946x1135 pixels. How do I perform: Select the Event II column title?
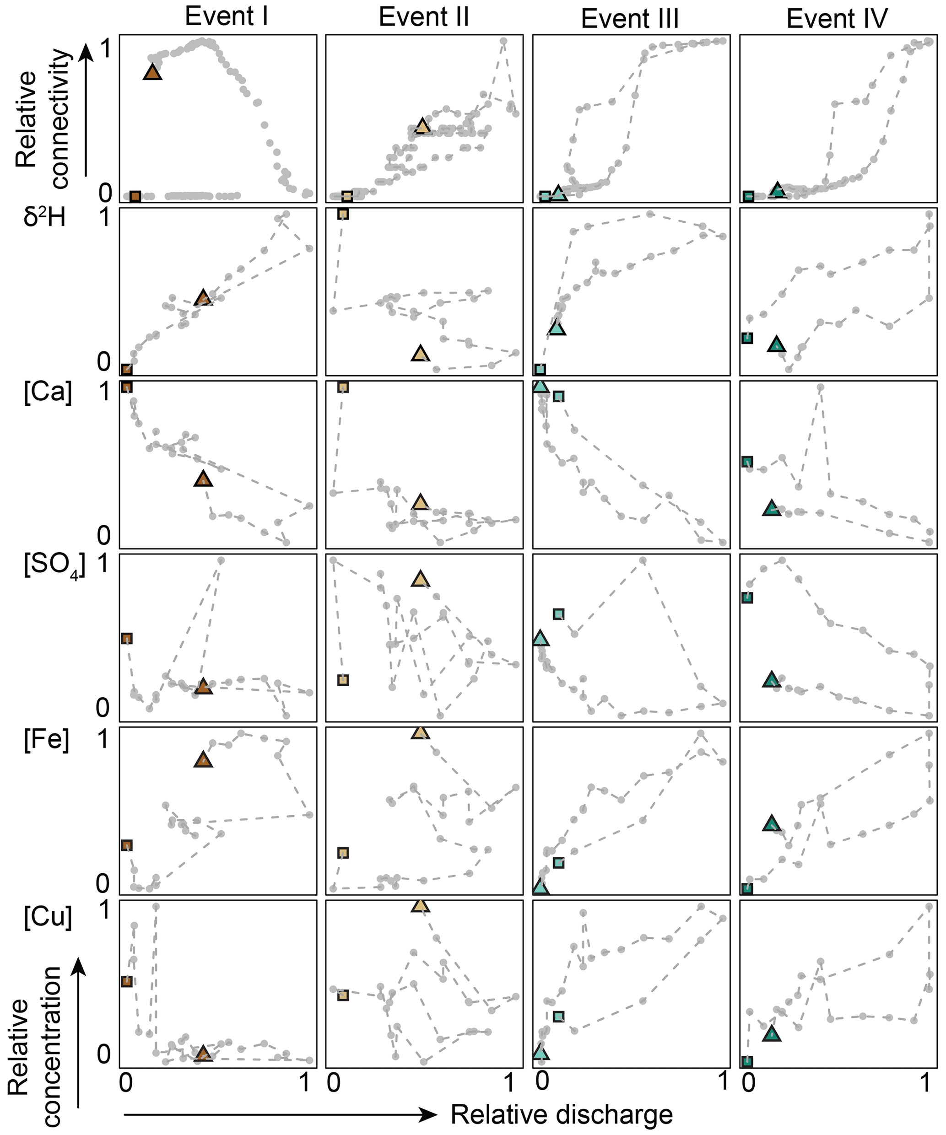pos(423,16)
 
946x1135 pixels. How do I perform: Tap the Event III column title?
pos(630,19)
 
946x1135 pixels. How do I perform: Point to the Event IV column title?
pos(837,19)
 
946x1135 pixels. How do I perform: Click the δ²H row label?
pos(44,217)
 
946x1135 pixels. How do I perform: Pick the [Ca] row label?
pos(48,390)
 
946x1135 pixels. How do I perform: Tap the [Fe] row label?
pos(47,739)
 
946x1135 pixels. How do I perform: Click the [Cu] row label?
pos(48,916)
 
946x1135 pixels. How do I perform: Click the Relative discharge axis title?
pos(562,1114)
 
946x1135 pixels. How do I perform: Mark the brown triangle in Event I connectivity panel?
pos(152,72)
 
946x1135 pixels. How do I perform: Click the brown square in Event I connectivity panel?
pos(135,196)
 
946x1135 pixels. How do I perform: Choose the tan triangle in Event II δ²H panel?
pos(420,354)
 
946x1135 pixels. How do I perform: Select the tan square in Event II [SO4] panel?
pos(343,680)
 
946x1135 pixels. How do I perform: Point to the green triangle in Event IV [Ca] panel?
pos(771,509)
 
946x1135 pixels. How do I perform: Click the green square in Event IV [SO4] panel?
pos(747,597)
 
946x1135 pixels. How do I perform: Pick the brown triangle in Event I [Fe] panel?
pos(203,759)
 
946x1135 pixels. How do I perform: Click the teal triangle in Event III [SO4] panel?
pos(540,639)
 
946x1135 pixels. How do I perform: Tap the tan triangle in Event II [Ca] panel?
pos(420,503)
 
